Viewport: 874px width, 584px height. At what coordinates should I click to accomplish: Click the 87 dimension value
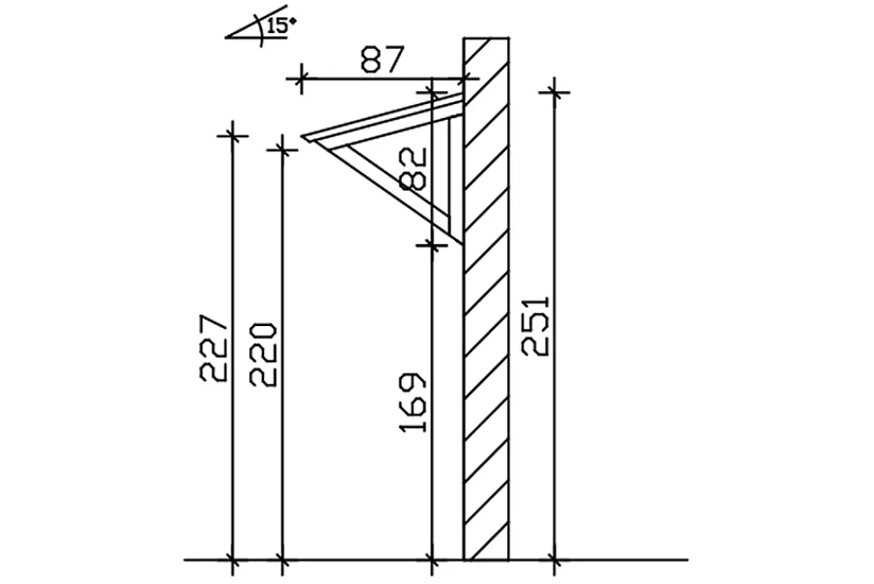[381, 60]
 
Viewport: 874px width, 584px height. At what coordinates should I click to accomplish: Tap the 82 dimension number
[414, 168]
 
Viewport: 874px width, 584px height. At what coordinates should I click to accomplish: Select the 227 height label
[213, 347]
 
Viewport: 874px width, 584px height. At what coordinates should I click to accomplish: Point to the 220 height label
[262, 354]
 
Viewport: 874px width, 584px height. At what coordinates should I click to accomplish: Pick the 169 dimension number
[413, 401]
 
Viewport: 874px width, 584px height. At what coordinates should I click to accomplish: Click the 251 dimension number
[537, 325]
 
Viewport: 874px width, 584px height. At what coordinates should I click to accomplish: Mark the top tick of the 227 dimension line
[232, 136]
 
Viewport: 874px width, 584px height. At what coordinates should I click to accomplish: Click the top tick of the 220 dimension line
[282, 149]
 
